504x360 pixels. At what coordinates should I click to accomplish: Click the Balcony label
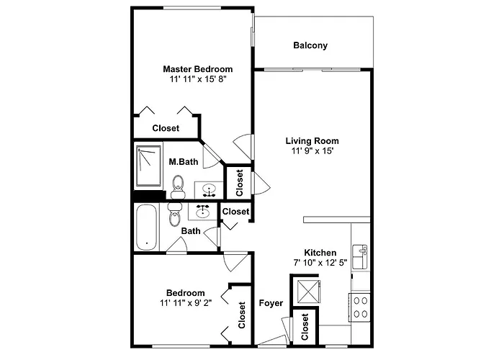310,45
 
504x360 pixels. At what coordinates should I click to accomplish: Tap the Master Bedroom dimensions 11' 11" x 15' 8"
198,79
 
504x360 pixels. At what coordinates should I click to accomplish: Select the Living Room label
312,141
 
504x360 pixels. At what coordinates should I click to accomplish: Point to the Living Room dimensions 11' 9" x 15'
312,150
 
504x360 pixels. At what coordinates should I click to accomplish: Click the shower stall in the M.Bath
148,166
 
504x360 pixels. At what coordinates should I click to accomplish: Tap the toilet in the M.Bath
178,187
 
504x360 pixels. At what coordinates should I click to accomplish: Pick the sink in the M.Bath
209,190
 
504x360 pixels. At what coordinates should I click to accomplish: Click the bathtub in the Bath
147,228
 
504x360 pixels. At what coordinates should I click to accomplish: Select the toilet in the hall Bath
174,215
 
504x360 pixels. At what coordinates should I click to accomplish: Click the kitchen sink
360,257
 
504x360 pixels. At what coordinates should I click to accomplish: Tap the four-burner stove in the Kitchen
360,307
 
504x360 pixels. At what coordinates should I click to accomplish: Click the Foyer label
271,303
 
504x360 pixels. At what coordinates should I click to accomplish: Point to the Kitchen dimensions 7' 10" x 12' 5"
320,263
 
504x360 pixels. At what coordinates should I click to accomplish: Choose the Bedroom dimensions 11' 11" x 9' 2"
186,303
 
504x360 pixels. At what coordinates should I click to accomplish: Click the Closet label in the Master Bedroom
166,128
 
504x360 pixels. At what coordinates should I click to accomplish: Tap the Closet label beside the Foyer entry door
305,327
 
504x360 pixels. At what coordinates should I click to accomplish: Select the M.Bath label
184,162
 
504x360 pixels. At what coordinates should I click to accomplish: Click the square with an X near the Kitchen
309,292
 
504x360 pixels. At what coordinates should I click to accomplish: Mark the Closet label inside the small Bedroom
242,315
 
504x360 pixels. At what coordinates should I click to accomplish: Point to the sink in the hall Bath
202,211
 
